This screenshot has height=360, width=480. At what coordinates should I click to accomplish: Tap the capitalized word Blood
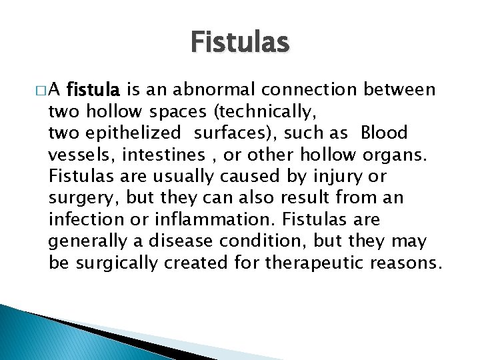(384, 132)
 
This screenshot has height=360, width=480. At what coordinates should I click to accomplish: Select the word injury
(351, 175)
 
